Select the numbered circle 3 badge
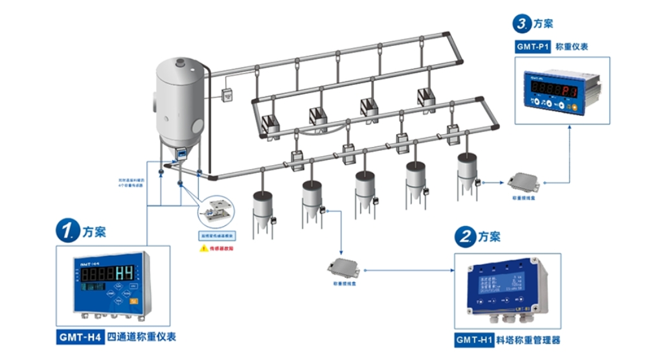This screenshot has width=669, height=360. [522, 25]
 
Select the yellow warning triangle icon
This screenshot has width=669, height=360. [203, 248]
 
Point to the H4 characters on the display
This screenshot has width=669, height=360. [124, 272]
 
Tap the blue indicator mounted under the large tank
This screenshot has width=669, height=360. [182, 153]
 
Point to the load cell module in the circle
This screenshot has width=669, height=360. [216, 212]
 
